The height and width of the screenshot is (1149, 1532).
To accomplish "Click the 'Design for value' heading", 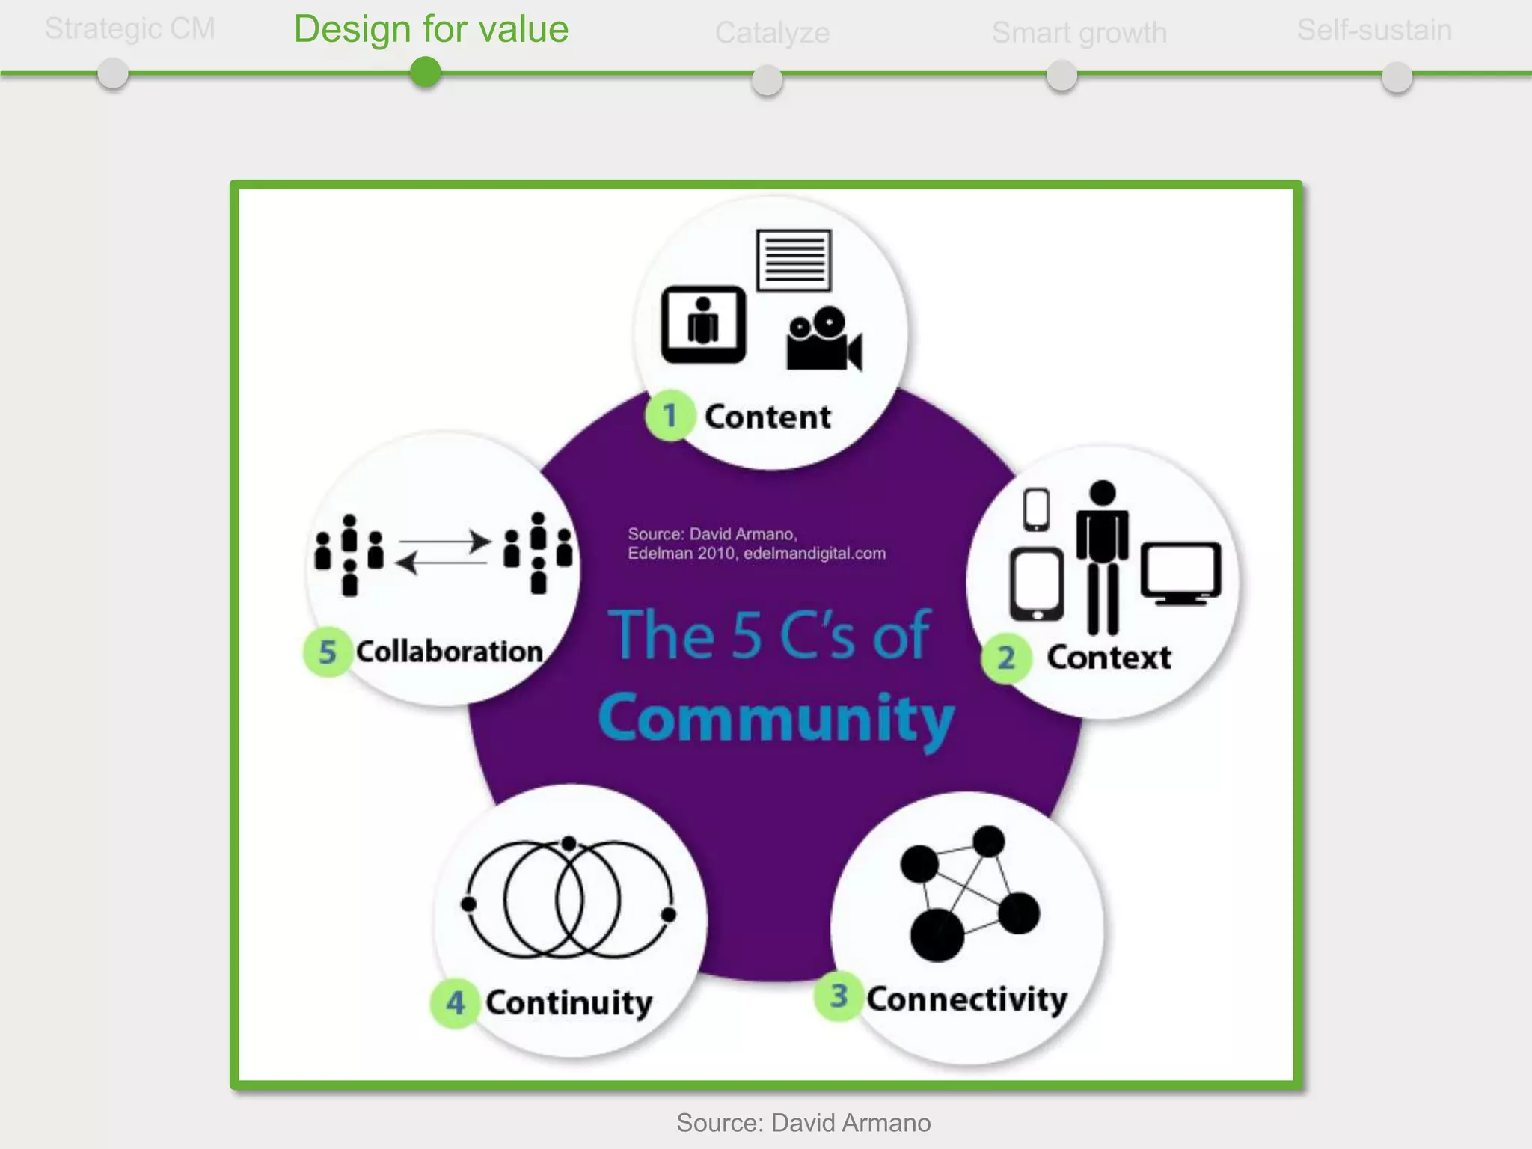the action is pyautogui.click(x=431, y=30).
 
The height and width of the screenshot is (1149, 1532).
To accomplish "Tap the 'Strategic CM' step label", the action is pyautogui.click(x=129, y=29).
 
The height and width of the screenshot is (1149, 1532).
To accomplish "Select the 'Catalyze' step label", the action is pyautogui.click(x=772, y=33).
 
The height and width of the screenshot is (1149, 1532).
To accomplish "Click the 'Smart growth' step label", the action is pyautogui.click(x=1079, y=33).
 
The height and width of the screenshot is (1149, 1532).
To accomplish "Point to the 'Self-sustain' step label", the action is pyautogui.click(x=1374, y=31).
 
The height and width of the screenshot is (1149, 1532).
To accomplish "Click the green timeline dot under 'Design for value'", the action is pyautogui.click(x=426, y=73).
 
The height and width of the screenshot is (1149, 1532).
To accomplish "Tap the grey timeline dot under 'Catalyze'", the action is pyautogui.click(x=767, y=79).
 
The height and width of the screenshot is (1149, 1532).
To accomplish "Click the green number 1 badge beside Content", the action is pyautogui.click(x=670, y=415).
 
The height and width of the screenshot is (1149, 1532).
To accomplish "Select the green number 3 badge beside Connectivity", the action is pyautogui.click(x=839, y=996).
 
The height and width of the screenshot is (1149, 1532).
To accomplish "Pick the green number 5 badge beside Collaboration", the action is pyautogui.click(x=327, y=652).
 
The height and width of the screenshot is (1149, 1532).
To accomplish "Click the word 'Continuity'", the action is pyautogui.click(x=569, y=1003).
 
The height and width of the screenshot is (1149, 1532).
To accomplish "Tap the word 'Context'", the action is pyautogui.click(x=1109, y=658).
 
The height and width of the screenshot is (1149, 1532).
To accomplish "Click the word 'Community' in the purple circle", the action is pyautogui.click(x=776, y=718).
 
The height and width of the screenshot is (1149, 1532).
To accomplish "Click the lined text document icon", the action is pyautogui.click(x=794, y=260).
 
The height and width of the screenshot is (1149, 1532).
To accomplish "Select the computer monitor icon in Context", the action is pyautogui.click(x=1180, y=573).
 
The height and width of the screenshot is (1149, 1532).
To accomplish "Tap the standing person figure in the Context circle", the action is pyautogui.click(x=1103, y=557).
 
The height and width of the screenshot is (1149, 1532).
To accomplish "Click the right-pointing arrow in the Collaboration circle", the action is pyautogui.click(x=445, y=541).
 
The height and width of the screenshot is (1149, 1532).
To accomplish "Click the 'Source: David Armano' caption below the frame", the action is pyautogui.click(x=803, y=1123).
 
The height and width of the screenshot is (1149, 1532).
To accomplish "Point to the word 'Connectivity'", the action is pyautogui.click(x=966, y=999).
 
